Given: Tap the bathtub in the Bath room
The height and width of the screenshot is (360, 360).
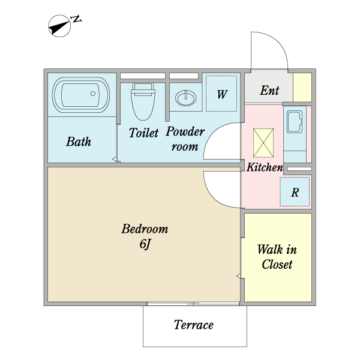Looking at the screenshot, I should click(x=80, y=95).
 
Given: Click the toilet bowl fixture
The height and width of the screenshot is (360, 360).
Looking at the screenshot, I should click(x=142, y=102).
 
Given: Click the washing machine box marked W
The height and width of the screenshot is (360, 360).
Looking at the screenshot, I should click(x=221, y=94).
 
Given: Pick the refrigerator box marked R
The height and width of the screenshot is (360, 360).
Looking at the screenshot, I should click(x=295, y=192).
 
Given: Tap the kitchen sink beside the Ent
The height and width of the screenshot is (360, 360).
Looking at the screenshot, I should click(x=295, y=124).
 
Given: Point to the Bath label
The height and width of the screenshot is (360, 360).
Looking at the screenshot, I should click(x=79, y=142).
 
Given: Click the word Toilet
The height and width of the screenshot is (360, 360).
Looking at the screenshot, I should click(x=143, y=133).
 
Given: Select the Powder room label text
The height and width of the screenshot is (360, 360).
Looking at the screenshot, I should click(x=185, y=139).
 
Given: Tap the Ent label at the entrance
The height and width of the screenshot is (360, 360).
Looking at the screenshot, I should click(x=269, y=91).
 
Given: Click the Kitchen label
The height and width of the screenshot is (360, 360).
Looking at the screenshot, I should click(x=264, y=167).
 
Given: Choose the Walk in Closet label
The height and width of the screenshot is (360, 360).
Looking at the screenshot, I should click(x=277, y=257).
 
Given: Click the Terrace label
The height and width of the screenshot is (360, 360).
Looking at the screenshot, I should click(x=193, y=325).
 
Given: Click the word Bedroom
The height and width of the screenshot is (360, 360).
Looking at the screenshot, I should click(x=145, y=229).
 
